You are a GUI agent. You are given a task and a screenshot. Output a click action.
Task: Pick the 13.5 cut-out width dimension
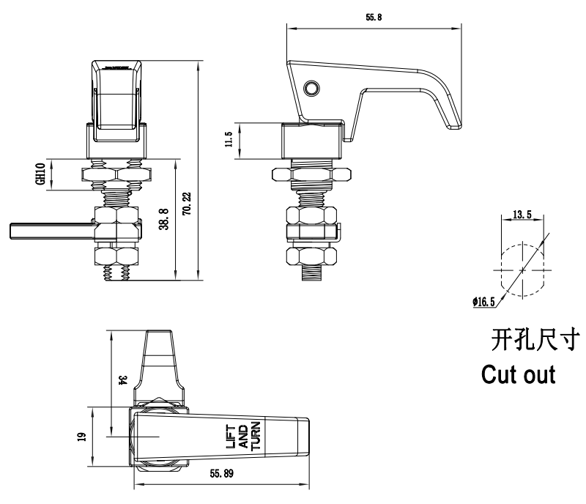[x=521, y=215]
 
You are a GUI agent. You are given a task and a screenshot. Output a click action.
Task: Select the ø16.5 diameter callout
[x=485, y=300]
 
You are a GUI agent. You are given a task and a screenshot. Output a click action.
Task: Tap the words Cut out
[x=518, y=374]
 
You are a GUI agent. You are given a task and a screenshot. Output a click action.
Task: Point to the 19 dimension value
[x=81, y=436]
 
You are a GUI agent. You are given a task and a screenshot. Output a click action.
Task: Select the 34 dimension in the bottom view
[x=122, y=380]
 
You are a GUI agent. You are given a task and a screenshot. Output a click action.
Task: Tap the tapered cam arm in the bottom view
[x=161, y=363]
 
